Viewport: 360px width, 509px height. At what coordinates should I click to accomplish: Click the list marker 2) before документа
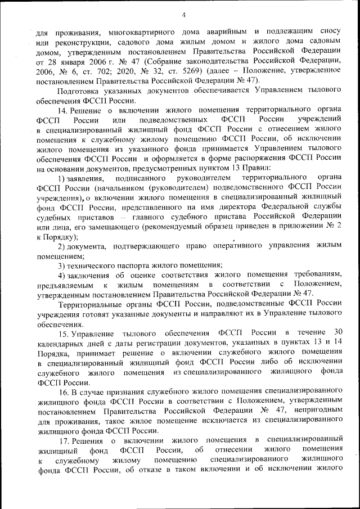(x=62, y=246)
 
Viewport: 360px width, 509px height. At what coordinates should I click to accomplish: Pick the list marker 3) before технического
(x=62, y=265)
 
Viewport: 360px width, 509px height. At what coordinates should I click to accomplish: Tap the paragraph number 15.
(x=64, y=334)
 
